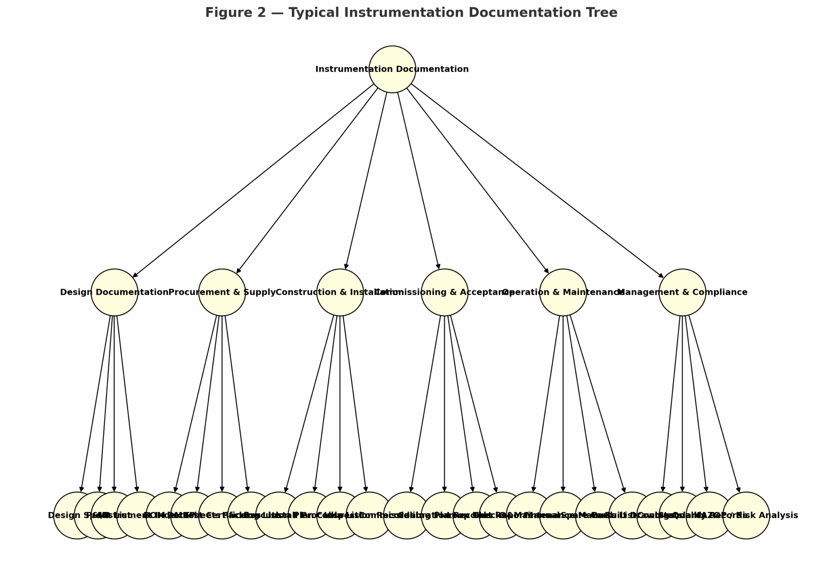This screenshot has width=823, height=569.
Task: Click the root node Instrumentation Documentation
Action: pos(392,69)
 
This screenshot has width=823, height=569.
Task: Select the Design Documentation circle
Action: pos(115,292)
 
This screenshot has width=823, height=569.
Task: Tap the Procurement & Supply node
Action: pos(222,292)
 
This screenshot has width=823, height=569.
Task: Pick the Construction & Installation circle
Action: pos(340,292)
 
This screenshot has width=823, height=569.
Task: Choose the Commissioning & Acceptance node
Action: pos(444,292)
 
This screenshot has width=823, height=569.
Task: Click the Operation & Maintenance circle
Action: pos(563,292)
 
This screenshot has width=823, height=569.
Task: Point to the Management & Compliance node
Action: pos(682,292)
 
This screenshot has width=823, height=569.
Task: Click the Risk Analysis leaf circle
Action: pos(746,516)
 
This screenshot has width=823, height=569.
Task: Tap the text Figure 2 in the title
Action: pos(235,12)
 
